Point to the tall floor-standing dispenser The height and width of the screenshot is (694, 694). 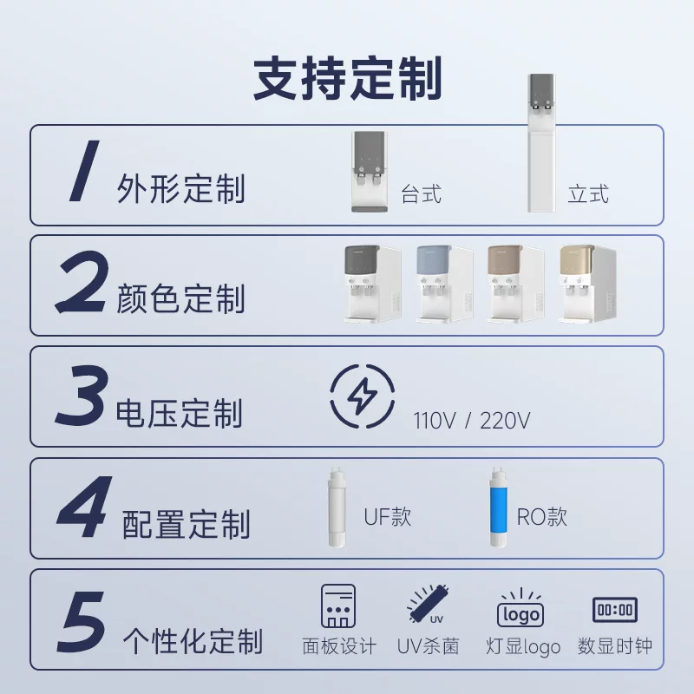point(543,143)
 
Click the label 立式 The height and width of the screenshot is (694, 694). point(587,193)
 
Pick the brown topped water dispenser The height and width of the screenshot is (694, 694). point(515,284)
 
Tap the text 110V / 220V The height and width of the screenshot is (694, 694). point(472,422)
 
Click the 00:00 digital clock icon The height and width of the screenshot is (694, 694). point(614,609)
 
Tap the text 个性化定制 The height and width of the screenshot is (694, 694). point(193,642)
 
